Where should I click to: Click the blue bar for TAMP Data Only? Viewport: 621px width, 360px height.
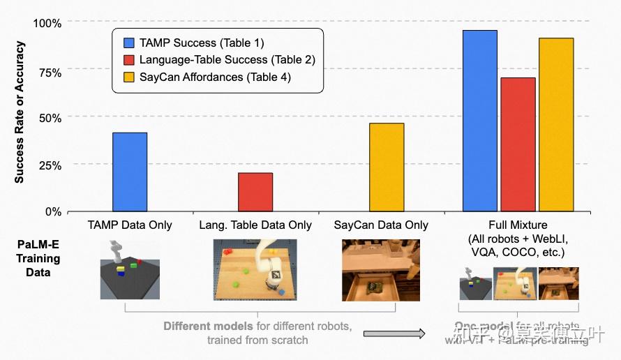[x=130, y=172]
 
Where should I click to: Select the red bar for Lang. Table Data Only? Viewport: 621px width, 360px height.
[x=255, y=192]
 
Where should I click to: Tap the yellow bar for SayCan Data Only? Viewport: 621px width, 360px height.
[x=387, y=167]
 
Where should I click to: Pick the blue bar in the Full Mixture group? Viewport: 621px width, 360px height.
[x=480, y=121]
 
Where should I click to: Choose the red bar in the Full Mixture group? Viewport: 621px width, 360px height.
[x=518, y=144]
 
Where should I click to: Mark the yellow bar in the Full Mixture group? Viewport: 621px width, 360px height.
[x=556, y=124]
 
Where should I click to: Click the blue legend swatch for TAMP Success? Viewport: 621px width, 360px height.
[x=128, y=43]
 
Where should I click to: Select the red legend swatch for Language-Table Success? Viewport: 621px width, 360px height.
[x=128, y=60]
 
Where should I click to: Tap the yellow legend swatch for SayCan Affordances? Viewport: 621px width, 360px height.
[x=128, y=77]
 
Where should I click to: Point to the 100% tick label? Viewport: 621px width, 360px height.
[x=47, y=23]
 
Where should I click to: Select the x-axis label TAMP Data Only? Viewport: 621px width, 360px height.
[x=130, y=225]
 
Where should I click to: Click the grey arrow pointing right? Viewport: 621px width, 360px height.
[x=394, y=334]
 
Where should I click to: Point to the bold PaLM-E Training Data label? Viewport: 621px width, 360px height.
[x=38, y=258]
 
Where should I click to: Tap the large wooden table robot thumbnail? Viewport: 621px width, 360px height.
[x=255, y=270]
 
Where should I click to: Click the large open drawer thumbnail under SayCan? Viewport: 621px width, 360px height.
[x=381, y=270]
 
